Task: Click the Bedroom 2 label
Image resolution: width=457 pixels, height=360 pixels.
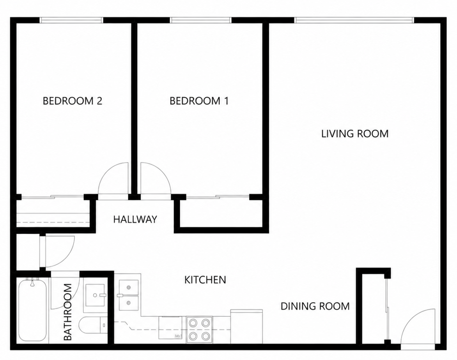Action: [x=72, y=101]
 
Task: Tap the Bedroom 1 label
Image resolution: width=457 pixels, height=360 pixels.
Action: [x=199, y=101]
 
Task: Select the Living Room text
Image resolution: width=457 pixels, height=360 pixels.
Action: [x=355, y=134]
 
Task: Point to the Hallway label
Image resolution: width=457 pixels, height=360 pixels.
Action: [x=135, y=219]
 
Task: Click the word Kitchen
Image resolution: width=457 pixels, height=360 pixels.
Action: [x=205, y=280]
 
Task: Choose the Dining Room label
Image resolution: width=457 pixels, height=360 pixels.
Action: [x=315, y=306]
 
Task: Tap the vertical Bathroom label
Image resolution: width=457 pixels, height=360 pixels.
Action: [x=67, y=312]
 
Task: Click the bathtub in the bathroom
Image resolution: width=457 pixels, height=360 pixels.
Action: [x=32, y=310]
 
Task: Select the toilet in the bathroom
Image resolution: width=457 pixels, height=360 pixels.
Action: [x=93, y=325]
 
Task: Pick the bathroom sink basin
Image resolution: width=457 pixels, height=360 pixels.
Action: [x=95, y=295]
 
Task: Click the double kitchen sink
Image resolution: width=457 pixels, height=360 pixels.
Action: [x=129, y=295]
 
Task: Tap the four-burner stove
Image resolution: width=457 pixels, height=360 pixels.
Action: [x=199, y=330]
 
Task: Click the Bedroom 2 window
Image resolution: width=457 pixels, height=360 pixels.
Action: [x=71, y=20]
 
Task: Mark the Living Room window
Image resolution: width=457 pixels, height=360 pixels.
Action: [x=354, y=20]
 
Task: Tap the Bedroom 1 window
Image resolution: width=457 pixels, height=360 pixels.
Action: [x=201, y=20]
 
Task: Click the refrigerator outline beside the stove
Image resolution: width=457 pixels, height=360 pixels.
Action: [x=246, y=326]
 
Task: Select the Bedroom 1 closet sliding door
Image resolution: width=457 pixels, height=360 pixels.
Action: [x=218, y=197]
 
